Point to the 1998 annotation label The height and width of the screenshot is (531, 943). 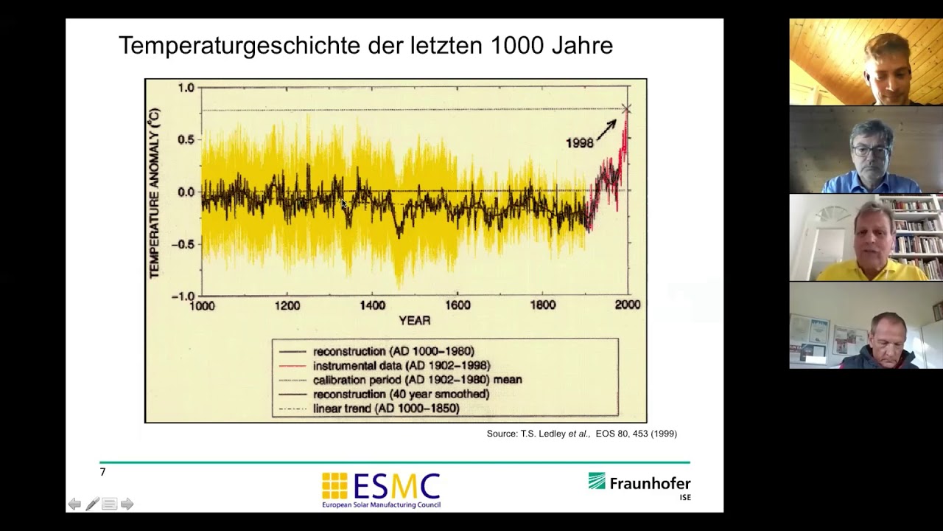pos(579,143)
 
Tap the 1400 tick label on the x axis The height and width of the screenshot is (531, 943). pos(372,305)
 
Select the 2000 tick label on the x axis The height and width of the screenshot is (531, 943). pos(627,305)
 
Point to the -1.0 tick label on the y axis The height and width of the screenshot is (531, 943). pos(182,296)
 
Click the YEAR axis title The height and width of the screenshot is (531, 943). pos(414,321)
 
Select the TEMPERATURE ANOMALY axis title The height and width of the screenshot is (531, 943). pos(154,193)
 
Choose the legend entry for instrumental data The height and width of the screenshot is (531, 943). pos(401,366)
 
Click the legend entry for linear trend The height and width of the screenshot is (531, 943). pos(385,409)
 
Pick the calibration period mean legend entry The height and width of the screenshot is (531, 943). pos(417,380)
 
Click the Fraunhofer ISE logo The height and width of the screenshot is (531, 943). pos(639,485)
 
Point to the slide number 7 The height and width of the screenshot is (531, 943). pos(102,472)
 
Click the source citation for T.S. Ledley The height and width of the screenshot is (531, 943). pos(581,434)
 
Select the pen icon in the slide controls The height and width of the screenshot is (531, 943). pos(92,504)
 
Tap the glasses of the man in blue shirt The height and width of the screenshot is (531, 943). pos(872,151)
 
